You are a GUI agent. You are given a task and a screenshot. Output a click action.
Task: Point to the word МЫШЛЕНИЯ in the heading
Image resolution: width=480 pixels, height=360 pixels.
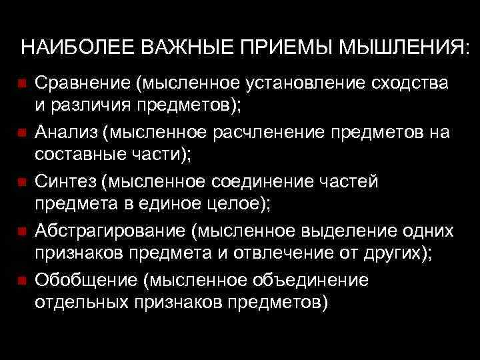pos(400,49)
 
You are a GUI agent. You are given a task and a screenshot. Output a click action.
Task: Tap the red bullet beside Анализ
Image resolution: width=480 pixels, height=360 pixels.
pos(21,133)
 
